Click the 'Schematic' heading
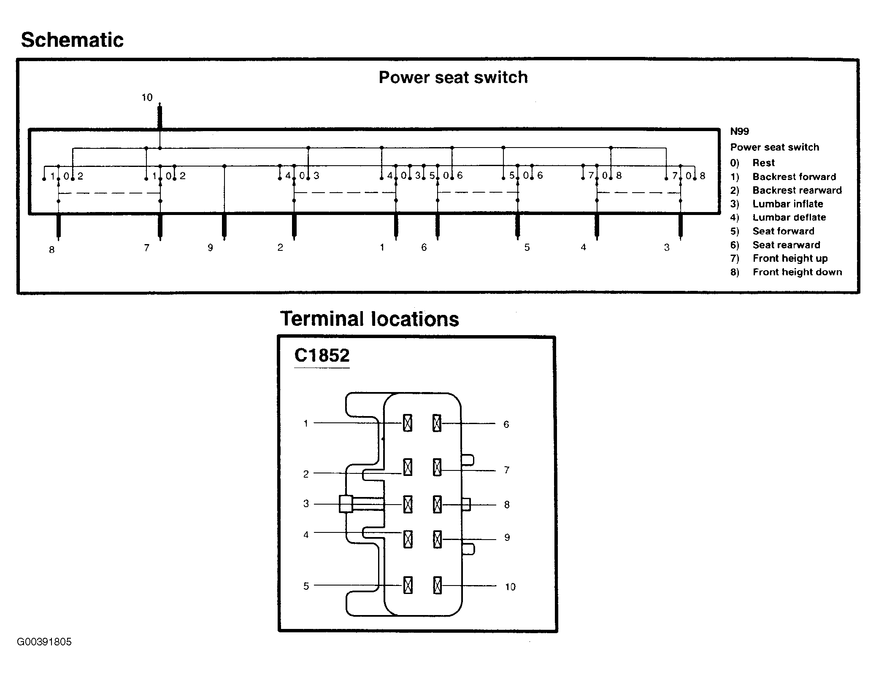click(72, 40)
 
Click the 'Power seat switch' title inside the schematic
click(453, 78)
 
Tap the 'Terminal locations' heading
click(370, 319)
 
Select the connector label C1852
click(322, 355)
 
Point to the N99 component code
click(740, 132)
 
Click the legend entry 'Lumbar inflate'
click(788, 204)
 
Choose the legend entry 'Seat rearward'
click(786, 245)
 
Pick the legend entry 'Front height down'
click(797, 272)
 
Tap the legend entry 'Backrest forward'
click(794, 177)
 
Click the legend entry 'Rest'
click(763, 163)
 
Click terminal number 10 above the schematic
click(147, 98)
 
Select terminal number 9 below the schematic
click(210, 248)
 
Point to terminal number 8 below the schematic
click(51, 250)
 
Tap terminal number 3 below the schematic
click(667, 248)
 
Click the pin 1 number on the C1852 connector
click(306, 423)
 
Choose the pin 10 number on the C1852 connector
click(510, 587)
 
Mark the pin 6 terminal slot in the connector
click(437, 423)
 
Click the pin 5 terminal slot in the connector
click(408, 585)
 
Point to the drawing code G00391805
click(44, 642)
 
